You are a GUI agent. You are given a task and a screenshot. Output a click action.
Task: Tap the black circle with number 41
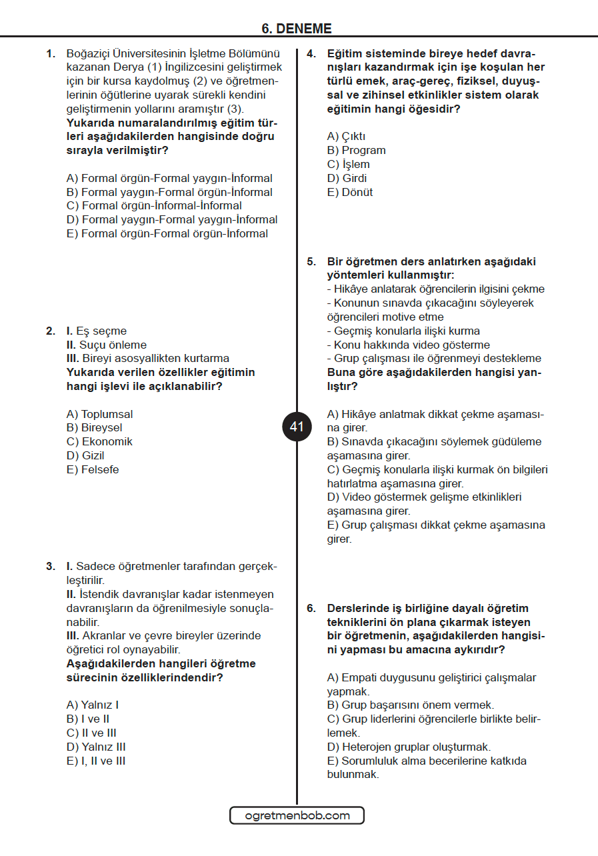pos(297,427)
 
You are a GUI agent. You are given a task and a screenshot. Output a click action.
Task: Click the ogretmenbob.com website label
pos(297,815)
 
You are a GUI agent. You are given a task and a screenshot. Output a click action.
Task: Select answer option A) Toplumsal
pos(99,414)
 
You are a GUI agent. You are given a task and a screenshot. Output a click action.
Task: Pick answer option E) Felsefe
pos(93,469)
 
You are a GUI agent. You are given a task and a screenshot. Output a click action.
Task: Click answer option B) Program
pos(356,150)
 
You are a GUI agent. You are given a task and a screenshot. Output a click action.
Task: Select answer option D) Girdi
pos(347,178)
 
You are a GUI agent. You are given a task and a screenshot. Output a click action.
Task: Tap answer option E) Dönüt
pos(349,192)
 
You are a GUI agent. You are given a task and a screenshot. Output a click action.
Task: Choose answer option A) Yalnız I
pos(93,705)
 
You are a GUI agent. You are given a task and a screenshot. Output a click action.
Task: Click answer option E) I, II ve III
pos(96,761)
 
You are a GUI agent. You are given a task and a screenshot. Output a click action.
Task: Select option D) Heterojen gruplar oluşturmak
pos(409,747)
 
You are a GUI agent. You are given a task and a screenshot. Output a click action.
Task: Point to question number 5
pos(311,261)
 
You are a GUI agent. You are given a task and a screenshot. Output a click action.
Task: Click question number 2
pos(51,331)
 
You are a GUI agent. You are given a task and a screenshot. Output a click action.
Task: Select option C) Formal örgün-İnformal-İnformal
pos(154,205)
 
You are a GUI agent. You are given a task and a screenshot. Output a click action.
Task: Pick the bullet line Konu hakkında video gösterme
pos(408,345)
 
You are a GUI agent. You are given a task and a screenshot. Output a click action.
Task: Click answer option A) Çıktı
pos(346,136)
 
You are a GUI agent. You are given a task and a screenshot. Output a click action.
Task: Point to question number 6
pos(311,608)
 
